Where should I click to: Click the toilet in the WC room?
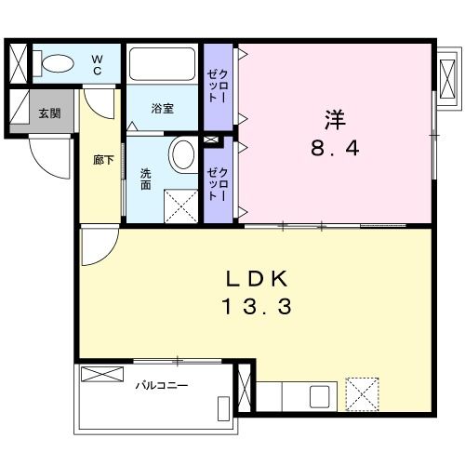coord(58,64)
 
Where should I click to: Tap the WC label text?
coord(97,64)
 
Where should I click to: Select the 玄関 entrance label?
coord(48,113)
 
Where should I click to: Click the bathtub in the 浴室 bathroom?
coord(164,64)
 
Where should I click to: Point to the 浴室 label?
coord(162,109)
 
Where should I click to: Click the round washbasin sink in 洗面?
coord(182,153)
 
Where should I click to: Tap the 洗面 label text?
coord(146,177)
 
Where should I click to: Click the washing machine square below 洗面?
coord(179,204)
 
